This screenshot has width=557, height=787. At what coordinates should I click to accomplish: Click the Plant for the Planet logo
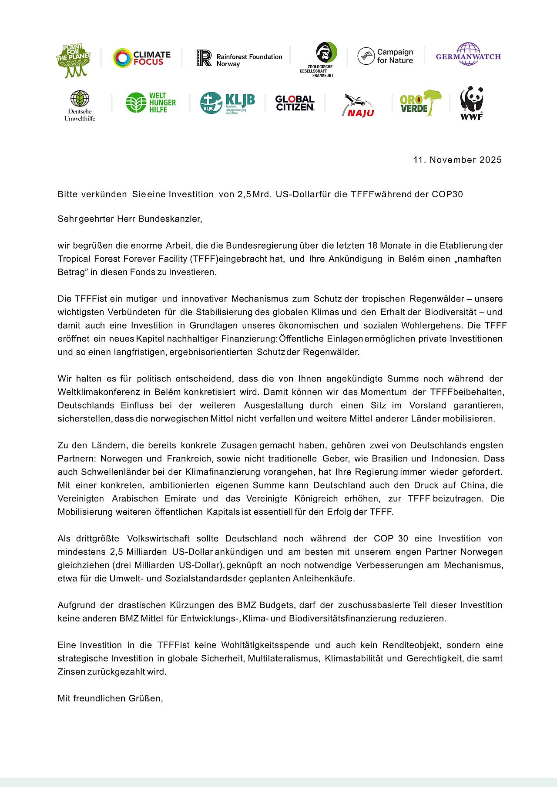pyautogui.click(x=73, y=60)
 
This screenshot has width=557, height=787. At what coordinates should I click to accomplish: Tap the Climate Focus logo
pyautogui.click(x=141, y=58)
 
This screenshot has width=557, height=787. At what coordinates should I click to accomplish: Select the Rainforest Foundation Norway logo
pyautogui.click(x=239, y=58)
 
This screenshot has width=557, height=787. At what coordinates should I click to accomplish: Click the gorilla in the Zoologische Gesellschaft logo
pyautogui.click(x=326, y=53)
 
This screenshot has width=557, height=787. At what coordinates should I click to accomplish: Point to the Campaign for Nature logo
pyautogui.click(x=385, y=56)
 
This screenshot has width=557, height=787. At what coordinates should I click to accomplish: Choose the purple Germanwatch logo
pyautogui.click(x=468, y=55)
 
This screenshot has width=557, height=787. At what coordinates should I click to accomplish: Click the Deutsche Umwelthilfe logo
pyautogui.click(x=80, y=106)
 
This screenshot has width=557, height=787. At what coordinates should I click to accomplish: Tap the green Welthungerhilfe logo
pyautogui.click(x=151, y=103)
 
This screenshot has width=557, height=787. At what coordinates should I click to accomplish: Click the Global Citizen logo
pyautogui.click(x=295, y=103)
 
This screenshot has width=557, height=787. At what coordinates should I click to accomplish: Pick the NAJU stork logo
pyautogui.click(x=359, y=106)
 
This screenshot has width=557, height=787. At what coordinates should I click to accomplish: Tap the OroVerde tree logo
pyautogui.click(x=420, y=103)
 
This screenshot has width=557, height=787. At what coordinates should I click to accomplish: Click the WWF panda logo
pyautogui.click(x=472, y=103)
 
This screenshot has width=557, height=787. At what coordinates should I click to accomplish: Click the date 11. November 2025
pyautogui.click(x=457, y=160)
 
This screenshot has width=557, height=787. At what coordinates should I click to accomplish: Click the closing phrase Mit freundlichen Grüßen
pyautogui.click(x=110, y=698)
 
